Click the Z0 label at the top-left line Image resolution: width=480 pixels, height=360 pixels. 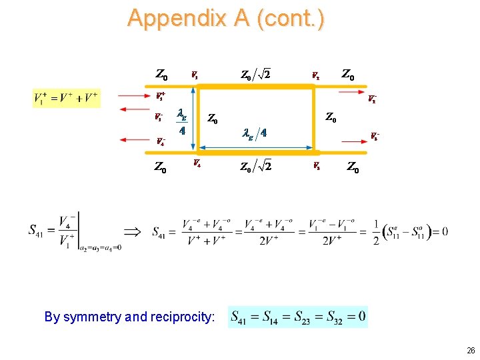click(161, 73)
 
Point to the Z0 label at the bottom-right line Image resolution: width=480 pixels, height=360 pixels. click(353, 168)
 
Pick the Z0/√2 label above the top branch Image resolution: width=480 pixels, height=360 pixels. click(255, 73)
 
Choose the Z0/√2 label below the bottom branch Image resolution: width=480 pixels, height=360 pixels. click(255, 167)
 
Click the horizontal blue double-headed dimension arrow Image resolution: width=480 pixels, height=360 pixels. click(254, 146)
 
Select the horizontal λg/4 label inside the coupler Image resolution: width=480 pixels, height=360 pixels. click(254, 133)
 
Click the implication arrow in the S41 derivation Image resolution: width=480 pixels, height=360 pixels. click(133, 233)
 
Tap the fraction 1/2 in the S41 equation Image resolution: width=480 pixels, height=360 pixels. click(376, 233)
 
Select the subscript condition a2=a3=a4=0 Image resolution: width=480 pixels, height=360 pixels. click(101, 247)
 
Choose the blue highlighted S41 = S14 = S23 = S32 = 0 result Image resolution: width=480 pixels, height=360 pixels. click(298, 316)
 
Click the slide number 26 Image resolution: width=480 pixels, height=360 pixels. click(471, 350)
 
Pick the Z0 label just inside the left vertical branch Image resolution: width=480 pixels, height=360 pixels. click(212, 119)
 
